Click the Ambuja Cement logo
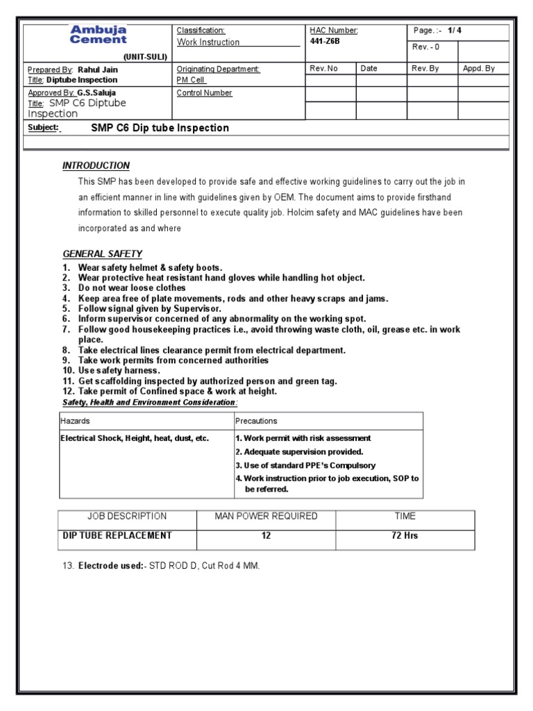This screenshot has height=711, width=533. pyautogui.click(x=98, y=35)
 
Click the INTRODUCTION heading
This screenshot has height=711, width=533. pyautogui.click(x=96, y=166)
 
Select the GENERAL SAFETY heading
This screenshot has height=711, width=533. pyautogui.click(x=102, y=254)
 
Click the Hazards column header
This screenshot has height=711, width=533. pyautogui.click(x=75, y=421)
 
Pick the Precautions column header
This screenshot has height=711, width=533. pyautogui.click(x=256, y=421)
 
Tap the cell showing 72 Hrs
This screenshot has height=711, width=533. pyautogui.click(x=405, y=536)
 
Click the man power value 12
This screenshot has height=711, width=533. pyautogui.click(x=266, y=536)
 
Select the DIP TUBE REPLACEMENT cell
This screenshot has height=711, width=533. pyautogui.click(x=117, y=536)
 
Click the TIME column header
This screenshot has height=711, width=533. pyautogui.click(x=405, y=516)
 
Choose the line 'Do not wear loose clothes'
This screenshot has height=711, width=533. pyautogui.click(x=132, y=287)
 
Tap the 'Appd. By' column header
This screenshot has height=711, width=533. pyautogui.click(x=479, y=69)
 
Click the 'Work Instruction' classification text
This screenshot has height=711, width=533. pyautogui.click(x=208, y=42)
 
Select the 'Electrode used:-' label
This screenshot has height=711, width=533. pyautogui.click(x=110, y=567)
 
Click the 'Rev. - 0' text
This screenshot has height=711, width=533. pyautogui.click(x=425, y=47)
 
